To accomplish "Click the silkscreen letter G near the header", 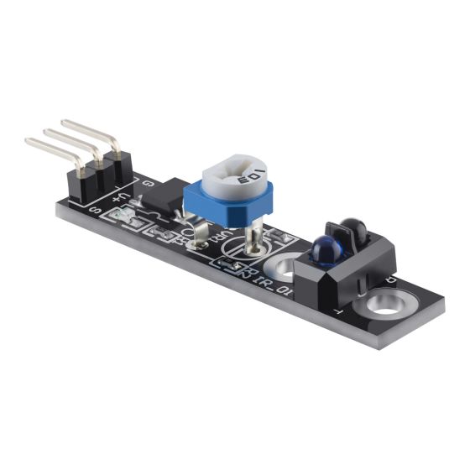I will [149, 182].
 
